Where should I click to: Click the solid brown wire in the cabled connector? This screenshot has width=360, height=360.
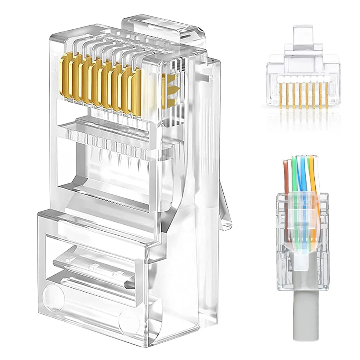(x=286, y=180)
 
